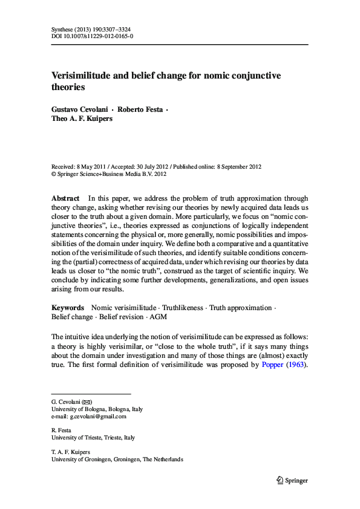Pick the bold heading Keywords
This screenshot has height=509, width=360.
pyautogui.click(x=68, y=308)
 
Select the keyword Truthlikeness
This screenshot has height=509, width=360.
pyautogui.click(x=180, y=308)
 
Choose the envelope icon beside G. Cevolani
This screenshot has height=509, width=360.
pyautogui.click(x=88, y=401)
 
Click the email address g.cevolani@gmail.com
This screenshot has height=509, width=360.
pyautogui.click(x=98, y=417)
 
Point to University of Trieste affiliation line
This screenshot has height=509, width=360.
pyautogui.click(x=93, y=437)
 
